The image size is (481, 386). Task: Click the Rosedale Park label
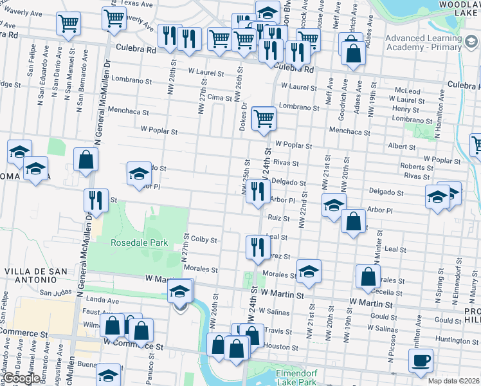coord(139,243)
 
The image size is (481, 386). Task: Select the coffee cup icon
coord(421,361)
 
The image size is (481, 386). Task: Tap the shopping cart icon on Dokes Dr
coord(264,119)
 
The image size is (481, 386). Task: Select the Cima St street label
coord(219,97)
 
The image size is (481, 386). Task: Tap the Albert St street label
coord(401,147)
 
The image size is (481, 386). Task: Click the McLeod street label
coord(407,91)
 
